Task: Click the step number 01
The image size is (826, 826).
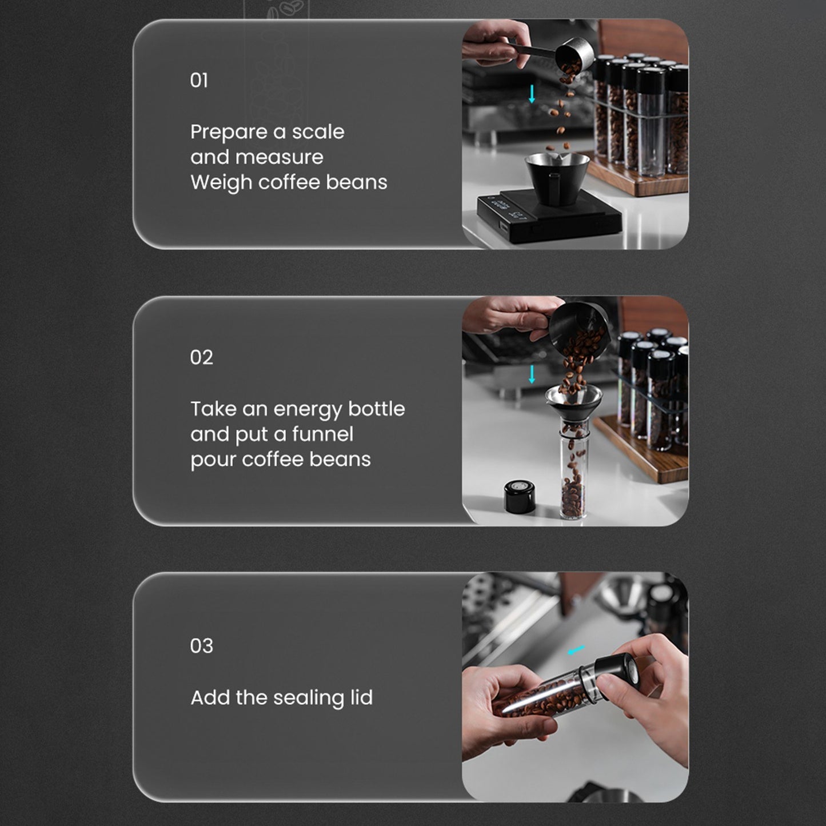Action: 199,80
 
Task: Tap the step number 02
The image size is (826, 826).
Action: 201,357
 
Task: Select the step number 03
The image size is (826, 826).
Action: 201,645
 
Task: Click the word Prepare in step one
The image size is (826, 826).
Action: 229,133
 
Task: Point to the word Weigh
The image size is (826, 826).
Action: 222,183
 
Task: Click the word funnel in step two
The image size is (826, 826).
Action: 323,434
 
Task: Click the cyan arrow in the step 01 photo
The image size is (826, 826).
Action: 532,94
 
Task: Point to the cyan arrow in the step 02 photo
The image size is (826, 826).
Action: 532,374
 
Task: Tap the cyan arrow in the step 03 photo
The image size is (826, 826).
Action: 576,651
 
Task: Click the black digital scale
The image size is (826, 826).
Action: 549,217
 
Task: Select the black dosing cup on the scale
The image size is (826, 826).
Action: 557,178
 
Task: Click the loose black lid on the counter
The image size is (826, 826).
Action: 520,496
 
